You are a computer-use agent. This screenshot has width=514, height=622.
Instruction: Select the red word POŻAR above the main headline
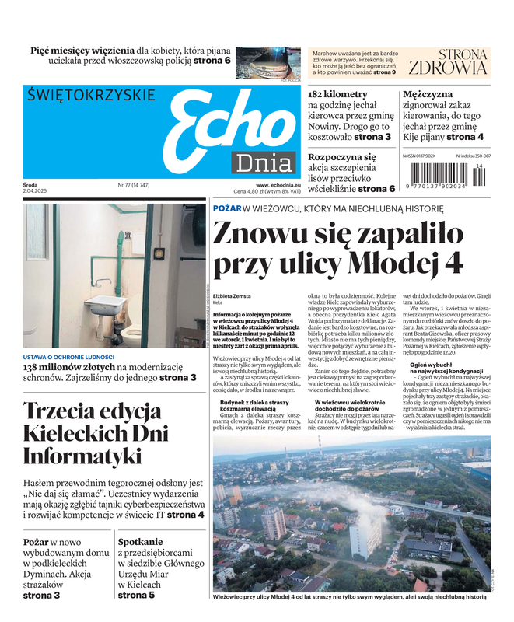[226, 208]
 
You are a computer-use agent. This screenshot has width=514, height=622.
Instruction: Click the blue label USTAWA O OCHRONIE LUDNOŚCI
[68, 357]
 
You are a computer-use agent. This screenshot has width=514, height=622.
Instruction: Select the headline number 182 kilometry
[337, 95]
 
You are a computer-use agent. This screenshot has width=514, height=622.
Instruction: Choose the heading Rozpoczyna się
[342, 156]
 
